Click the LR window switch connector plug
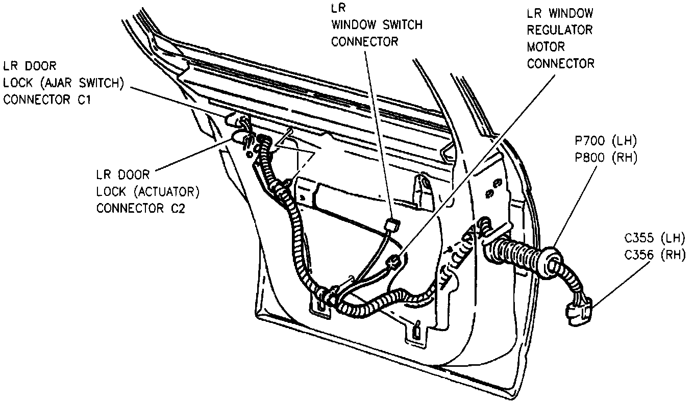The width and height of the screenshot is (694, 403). [x=391, y=225]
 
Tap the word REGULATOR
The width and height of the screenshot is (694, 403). [x=560, y=30]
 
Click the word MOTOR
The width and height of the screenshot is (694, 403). [x=546, y=46]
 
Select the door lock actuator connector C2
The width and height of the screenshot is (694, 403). [x=239, y=137]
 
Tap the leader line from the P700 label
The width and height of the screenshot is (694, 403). [x=577, y=205]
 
